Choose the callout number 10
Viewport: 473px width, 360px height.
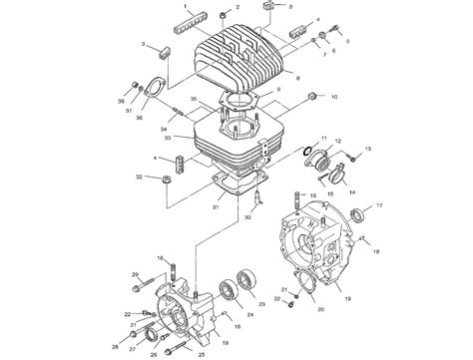click(x=334, y=98)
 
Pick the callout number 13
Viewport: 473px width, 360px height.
click(x=366, y=148)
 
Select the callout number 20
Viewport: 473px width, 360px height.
click(x=320, y=309)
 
